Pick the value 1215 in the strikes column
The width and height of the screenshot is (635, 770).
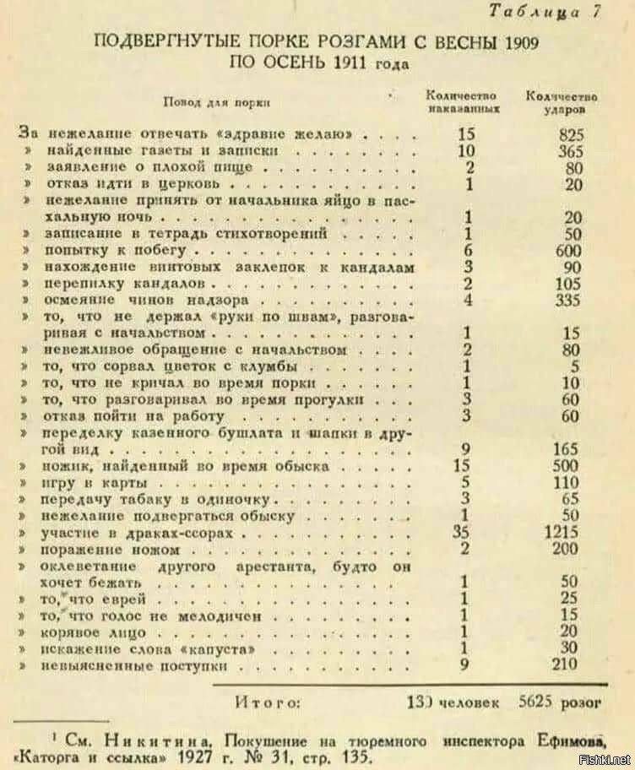pos(561,533)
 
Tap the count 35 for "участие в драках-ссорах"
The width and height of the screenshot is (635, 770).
pos(460,533)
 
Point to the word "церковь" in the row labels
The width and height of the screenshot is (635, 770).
pos(193,184)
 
